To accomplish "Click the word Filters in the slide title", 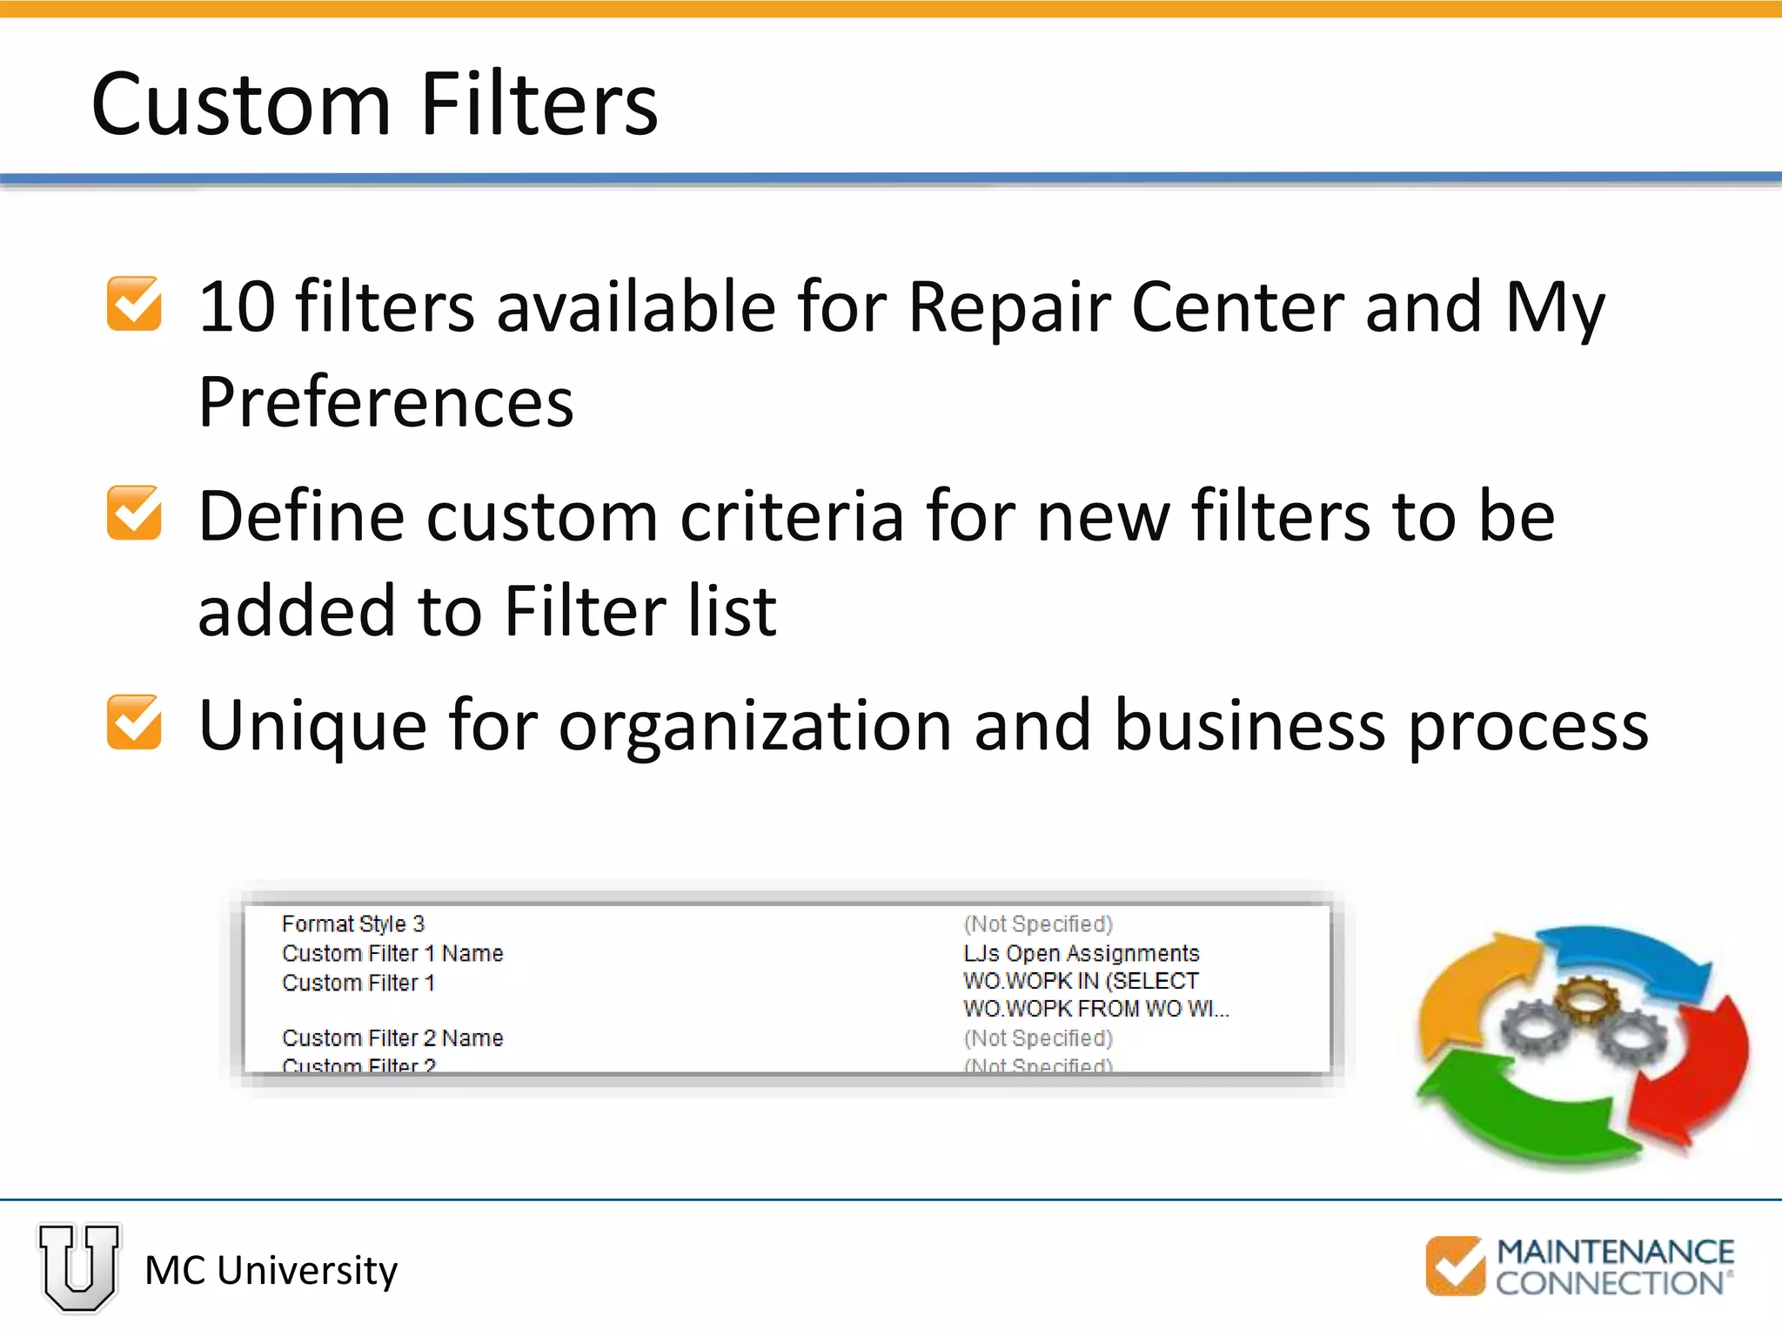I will click(x=539, y=104).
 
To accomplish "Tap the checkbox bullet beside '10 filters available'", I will click(x=134, y=304).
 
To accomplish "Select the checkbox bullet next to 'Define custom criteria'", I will click(x=134, y=513).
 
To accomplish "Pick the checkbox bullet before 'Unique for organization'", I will click(x=134, y=722).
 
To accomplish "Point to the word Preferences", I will click(x=385, y=402).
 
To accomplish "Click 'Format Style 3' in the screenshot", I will click(x=352, y=924).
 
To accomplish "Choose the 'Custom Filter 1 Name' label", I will click(x=392, y=953).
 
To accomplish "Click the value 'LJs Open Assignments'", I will click(x=1081, y=953).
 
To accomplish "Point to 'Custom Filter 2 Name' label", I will click(x=392, y=1038).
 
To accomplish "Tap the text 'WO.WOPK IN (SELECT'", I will click(x=1081, y=981).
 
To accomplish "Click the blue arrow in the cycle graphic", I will click(x=1627, y=957).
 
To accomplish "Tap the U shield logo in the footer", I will click(x=79, y=1266).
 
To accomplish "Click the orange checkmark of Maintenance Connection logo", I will click(x=1455, y=1265).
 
